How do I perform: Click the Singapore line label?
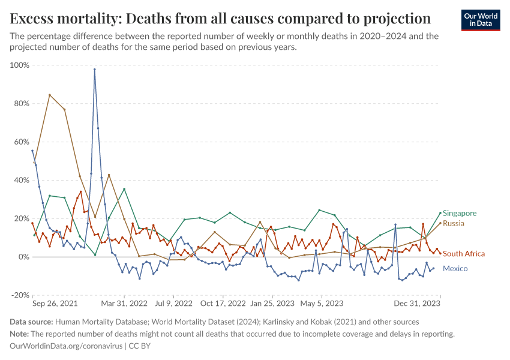tap(460, 214)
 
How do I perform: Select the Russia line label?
tap(454, 223)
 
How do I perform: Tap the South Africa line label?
tap(464, 254)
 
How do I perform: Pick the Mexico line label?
tap(455, 268)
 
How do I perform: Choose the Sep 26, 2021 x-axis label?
tap(55, 304)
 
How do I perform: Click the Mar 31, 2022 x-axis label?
tap(124, 304)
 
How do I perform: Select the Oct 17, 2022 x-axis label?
tap(223, 304)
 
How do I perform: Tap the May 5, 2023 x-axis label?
tap(322, 304)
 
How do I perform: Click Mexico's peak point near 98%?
tap(94, 69)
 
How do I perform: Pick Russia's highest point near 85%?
tap(49, 95)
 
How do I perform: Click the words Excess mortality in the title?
tap(60, 18)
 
